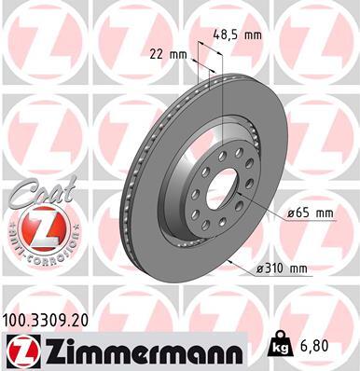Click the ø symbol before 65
click(291, 213)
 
